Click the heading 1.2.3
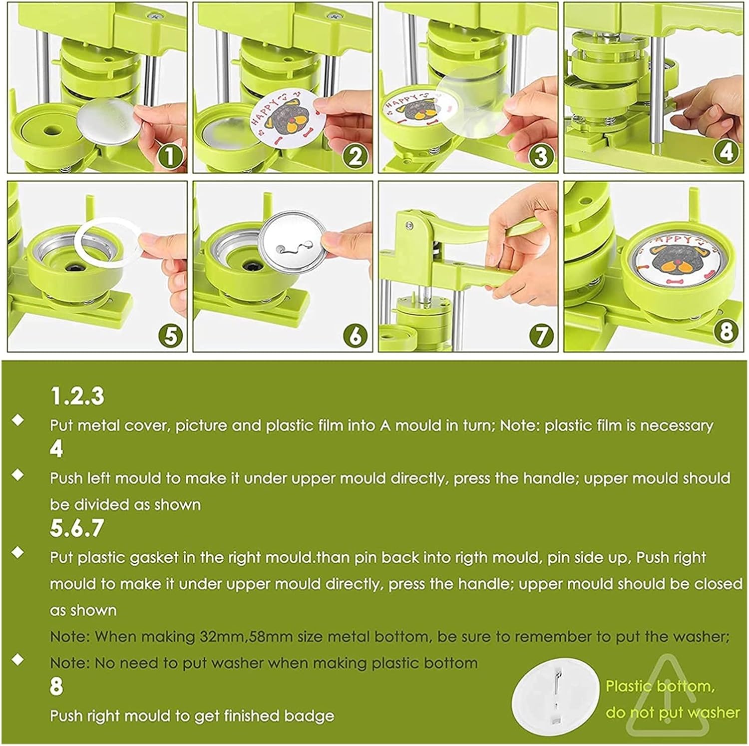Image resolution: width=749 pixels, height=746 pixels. pyautogui.click(x=77, y=396)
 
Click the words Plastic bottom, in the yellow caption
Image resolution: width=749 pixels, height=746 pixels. pyautogui.click(x=660, y=687)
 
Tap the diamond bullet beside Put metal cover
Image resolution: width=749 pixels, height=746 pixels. pyautogui.click(x=18, y=420)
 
